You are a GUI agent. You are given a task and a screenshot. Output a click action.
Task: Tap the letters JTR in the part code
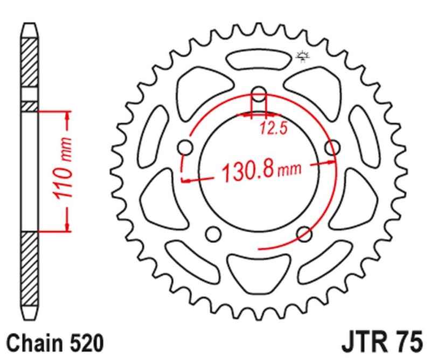(x=366, y=342)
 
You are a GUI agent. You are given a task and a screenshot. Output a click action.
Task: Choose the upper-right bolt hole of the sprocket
(x=333, y=146)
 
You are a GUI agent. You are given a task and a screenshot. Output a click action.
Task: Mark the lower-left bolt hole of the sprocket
(x=214, y=233)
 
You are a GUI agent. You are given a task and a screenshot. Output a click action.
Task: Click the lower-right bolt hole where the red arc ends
(x=305, y=233)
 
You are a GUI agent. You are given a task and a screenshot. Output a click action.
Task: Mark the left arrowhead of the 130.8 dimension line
(x=186, y=182)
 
